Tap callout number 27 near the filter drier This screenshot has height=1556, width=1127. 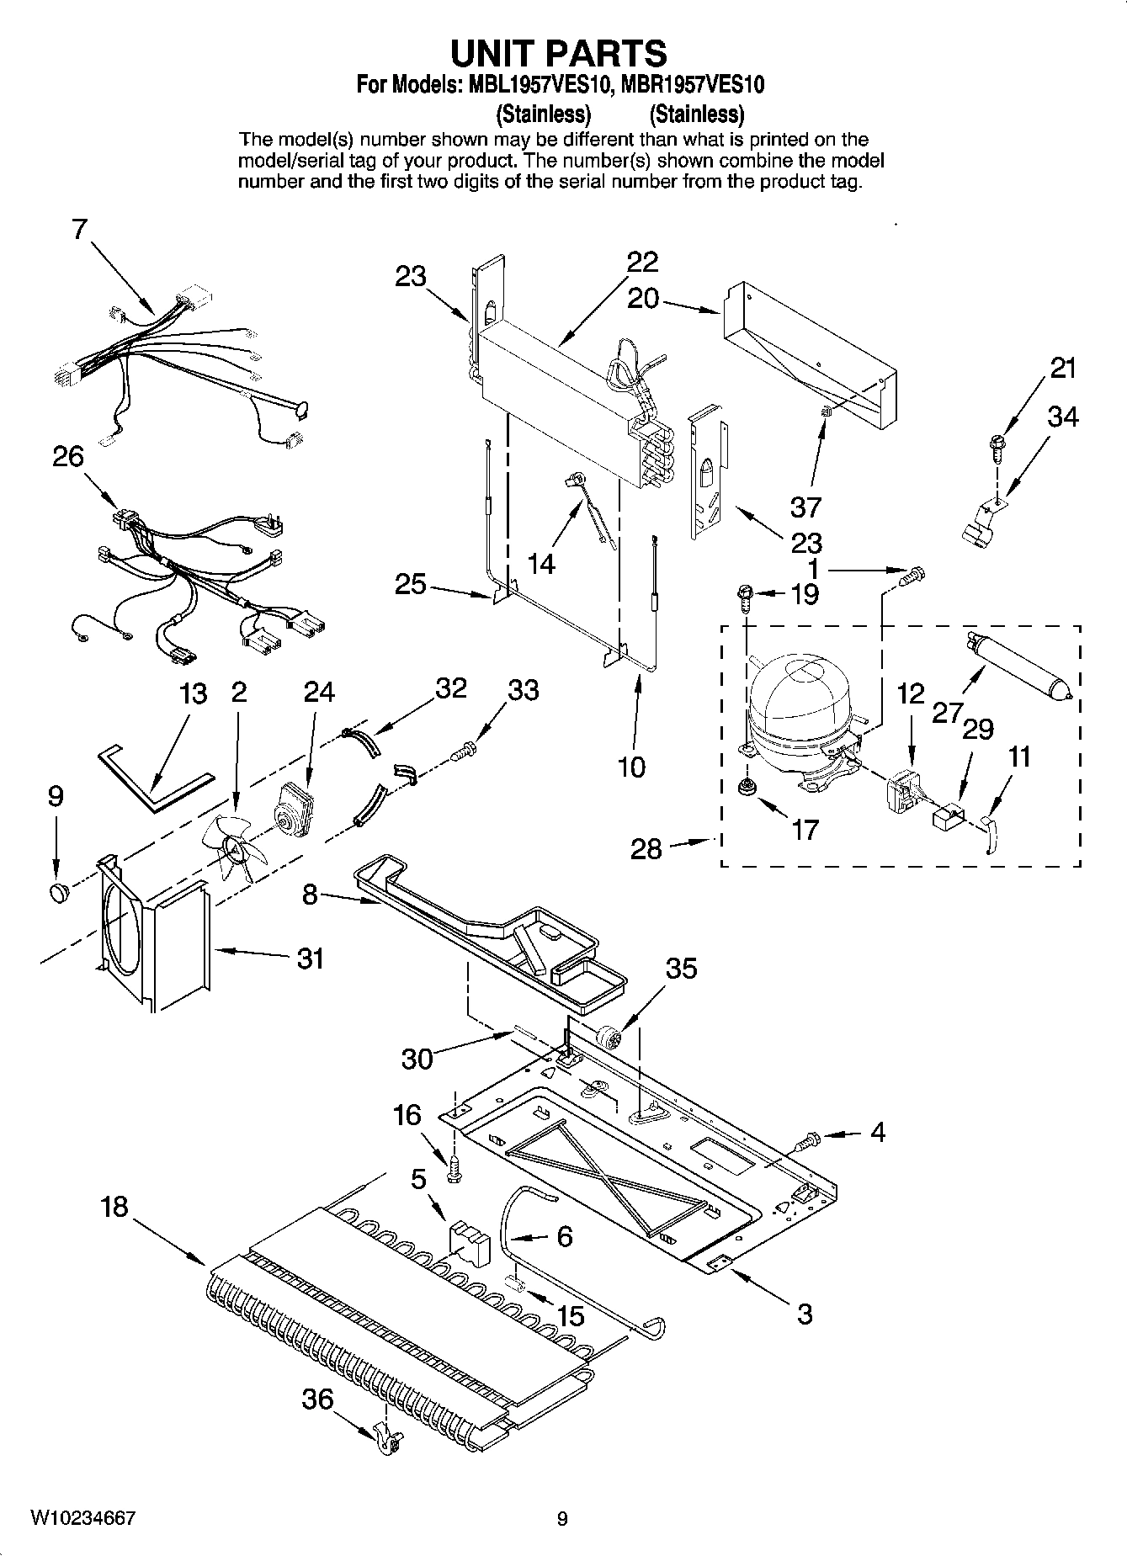click(x=946, y=713)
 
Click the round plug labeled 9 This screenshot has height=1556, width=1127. click(x=59, y=891)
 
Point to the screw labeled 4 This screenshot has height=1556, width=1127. click(x=807, y=1141)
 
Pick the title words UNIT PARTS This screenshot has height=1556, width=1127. click(x=559, y=53)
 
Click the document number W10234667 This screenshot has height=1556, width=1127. click(x=82, y=1518)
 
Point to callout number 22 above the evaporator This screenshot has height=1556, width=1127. click(x=642, y=263)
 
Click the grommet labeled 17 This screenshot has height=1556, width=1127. click(x=745, y=788)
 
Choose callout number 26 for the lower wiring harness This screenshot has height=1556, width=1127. click(x=68, y=457)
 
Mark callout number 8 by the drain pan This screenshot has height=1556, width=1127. click(x=310, y=894)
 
